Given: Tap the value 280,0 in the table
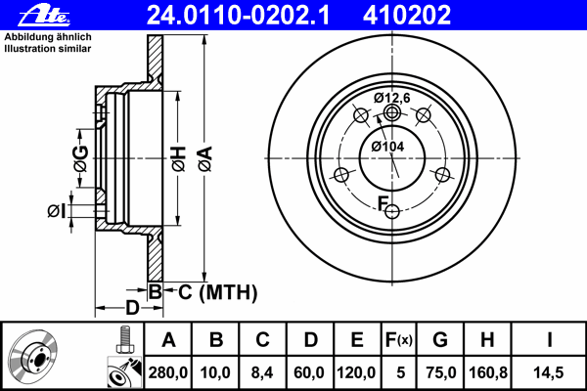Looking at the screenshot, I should pyautogui.click(x=169, y=372).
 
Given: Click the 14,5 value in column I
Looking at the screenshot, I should pyautogui.click(x=550, y=372).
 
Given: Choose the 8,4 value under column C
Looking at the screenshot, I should pyautogui.click(x=263, y=372).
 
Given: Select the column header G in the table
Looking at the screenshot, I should pyautogui.click(x=440, y=340).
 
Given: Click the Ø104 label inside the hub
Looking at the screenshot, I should pyautogui.click(x=388, y=147).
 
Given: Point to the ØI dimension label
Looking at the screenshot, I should pyautogui.click(x=57, y=209).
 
